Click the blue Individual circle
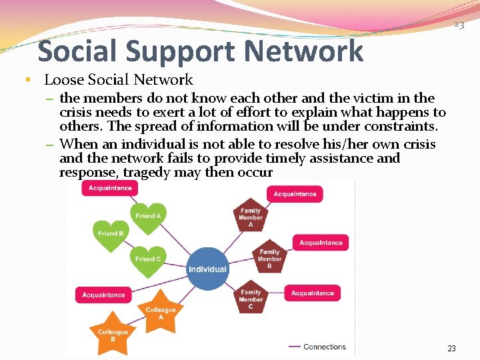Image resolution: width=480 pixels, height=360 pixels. [x=207, y=269]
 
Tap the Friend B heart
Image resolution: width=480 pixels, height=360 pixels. [x=111, y=234]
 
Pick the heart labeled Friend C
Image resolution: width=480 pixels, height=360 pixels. [x=148, y=259]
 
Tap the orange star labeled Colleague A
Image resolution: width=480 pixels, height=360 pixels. [x=160, y=314]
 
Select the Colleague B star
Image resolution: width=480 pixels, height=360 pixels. [x=113, y=336]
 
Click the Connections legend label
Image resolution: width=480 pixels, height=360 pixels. [x=325, y=347]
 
